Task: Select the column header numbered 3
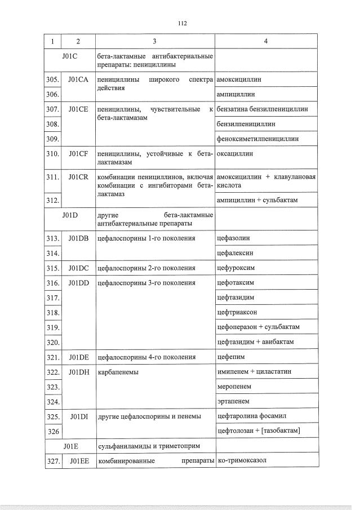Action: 154,42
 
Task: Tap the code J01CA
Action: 78,80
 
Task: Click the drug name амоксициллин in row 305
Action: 239,80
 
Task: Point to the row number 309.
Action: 52,138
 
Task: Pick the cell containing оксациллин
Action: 235,153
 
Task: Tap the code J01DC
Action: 78,268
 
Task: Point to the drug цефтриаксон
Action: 237,312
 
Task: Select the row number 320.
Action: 52,342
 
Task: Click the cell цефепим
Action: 231,357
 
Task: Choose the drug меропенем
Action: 234,387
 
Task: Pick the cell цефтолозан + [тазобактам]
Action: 259,431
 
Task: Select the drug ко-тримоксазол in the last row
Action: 241,461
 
